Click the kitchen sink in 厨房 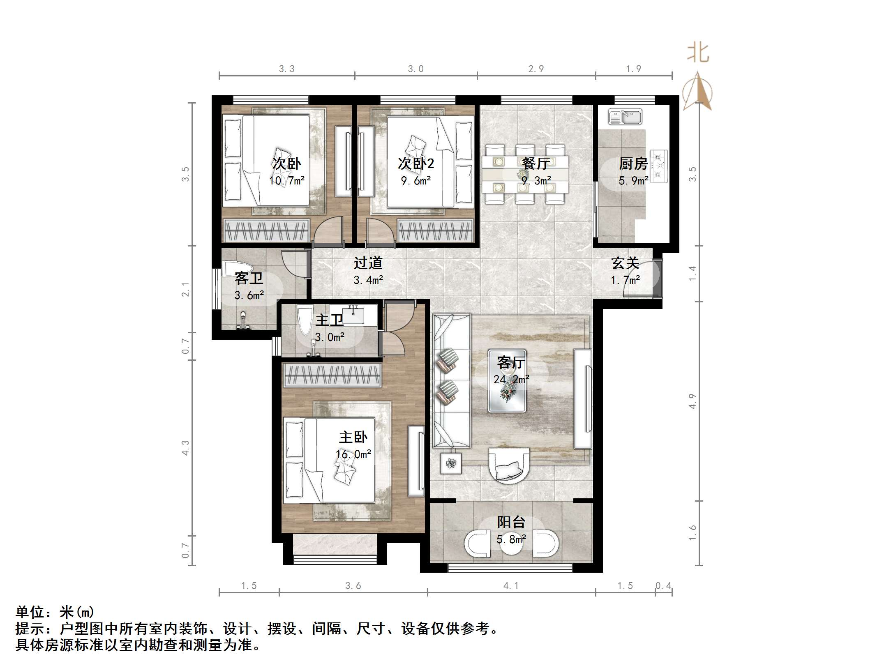tap(625, 117)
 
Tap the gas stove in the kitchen tap(659, 166)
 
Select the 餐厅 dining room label tap(536, 164)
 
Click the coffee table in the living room tap(507, 380)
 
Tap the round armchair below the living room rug tap(509, 464)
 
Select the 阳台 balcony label tap(511, 522)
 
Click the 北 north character tap(698, 53)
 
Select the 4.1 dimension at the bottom tap(511, 585)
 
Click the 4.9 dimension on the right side tap(692, 401)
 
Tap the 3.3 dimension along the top tap(286, 69)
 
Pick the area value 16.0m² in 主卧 tap(353, 454)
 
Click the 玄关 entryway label tap(625, 263)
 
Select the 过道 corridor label tap(368, 263)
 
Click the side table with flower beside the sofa tap(451, 463)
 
